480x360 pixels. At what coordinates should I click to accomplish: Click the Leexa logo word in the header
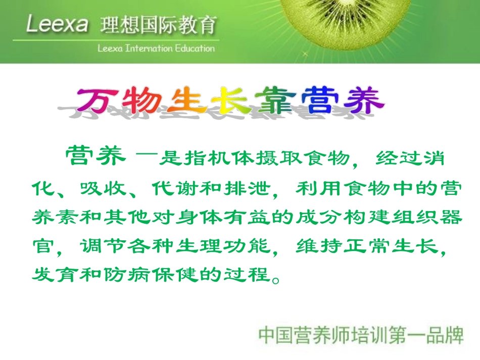point(57,24)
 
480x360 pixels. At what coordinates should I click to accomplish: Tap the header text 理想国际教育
point(159,24)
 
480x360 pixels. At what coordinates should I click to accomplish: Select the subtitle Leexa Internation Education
point(156,48)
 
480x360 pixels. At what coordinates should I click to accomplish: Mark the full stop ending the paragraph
point(275,278)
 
